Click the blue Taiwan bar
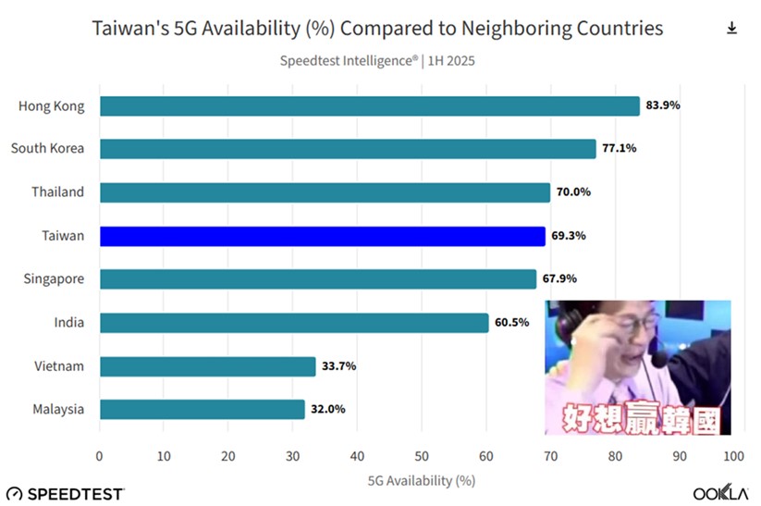[x=322, y=236]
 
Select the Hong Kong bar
[x=369, y=105]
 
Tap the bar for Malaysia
[x=202, y=409]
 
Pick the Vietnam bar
[x=207, y=366]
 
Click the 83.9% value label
[x=663, y=105]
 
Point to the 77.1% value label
[x=620, y=149]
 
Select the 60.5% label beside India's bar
[x=511, y=323]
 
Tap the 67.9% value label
[x=559, y=279]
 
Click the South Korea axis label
[x=47, y=149]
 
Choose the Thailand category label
[x=59, y=192]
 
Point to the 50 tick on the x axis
[x=422, y=456]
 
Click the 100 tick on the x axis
[x=733, y=456]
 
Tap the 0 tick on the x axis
[x=100, y=456]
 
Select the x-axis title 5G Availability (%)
[x=422, y=480]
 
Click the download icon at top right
[x=731, y=29]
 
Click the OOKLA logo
[x=720, y=493]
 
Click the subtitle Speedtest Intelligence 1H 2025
[x=377, y=61]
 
